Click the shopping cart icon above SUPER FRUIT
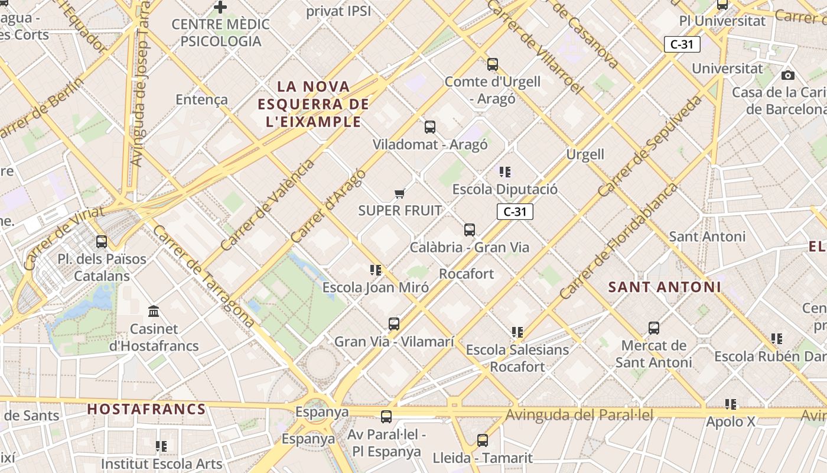400,193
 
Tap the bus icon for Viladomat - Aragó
430,127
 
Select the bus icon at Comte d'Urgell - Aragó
493,64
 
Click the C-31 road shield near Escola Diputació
515,212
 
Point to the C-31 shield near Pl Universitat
682,44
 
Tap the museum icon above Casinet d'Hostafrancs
154,311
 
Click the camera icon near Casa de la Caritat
787,75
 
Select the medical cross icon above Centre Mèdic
220,7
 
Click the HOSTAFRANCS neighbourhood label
146,409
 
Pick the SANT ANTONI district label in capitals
665,287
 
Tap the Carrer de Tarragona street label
203,276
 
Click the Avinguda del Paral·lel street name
579,415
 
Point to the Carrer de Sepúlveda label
650,146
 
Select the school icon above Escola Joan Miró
376,270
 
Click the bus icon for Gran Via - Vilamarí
394,324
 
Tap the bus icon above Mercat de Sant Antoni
653,328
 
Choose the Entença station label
201,99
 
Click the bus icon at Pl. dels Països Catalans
102,242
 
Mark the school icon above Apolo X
731,404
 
